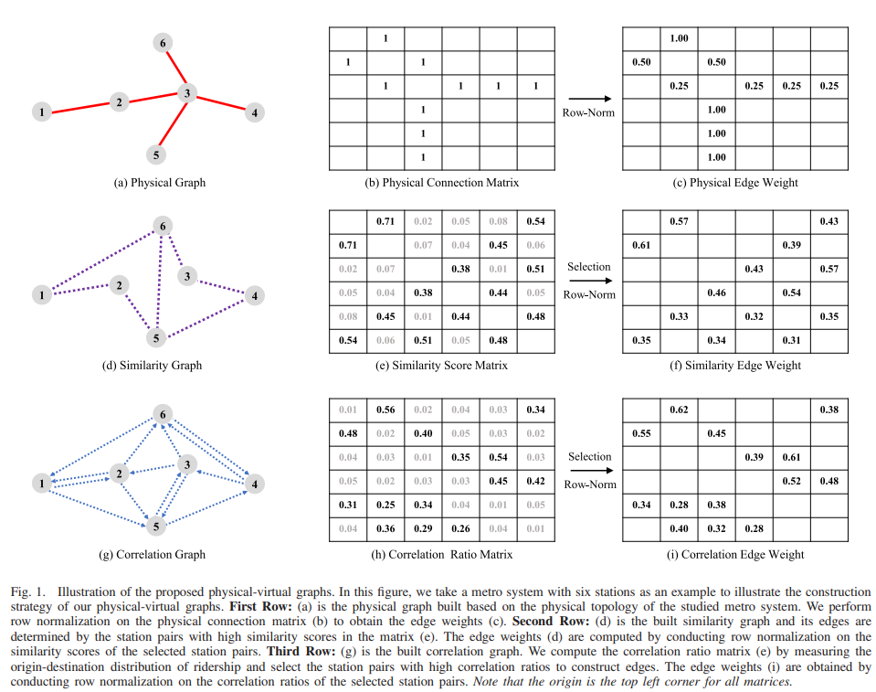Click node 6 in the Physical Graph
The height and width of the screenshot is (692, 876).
coord(163,43)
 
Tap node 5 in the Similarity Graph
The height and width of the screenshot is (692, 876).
coord(157,338)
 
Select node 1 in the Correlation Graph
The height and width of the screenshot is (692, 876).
coord(41,483)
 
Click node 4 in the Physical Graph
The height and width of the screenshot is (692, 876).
coord(254,112)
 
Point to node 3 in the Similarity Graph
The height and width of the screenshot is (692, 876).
coord(186,276)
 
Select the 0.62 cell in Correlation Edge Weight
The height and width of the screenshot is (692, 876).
coord(679,410)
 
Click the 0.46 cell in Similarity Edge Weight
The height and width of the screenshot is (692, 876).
coord(716,293)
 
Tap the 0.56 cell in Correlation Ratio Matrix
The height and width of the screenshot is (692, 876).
coord(385,410)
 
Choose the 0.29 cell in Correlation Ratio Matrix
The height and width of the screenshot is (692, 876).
coord(423,528)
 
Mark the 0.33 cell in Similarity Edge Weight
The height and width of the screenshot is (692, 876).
coord(679,316)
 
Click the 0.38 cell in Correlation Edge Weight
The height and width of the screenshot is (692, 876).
coord(716,505)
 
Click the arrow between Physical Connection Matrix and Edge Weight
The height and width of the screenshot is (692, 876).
coord(588,98)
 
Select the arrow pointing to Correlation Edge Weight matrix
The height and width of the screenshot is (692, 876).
coord(588,471)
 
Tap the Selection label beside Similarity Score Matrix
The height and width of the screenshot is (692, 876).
coord(588,267)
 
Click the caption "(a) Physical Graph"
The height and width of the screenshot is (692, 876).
coord(159,183)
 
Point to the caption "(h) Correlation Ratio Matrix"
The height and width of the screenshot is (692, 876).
coord(441,554)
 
